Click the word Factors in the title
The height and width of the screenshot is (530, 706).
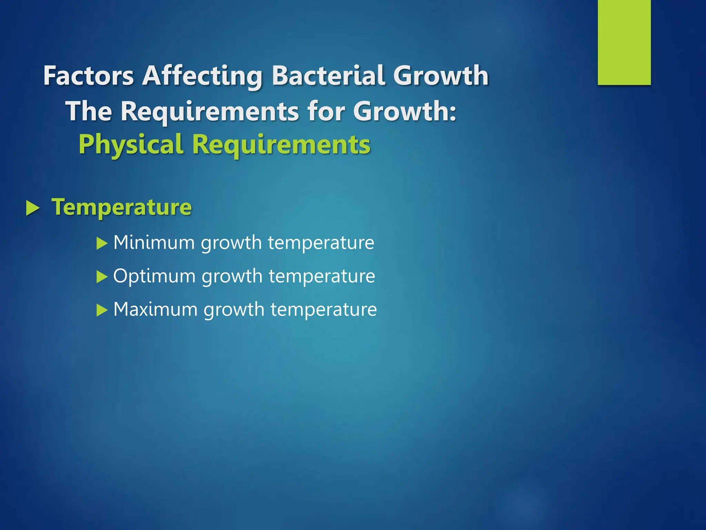[x=89, y=76]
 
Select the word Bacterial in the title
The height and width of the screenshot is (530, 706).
[x=328, y=76]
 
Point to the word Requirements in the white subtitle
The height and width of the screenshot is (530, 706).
[x=210, y=112]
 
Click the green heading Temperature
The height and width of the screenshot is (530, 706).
[x=121, y=207]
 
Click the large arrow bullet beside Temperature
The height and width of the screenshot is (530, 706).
[x=33, y=208]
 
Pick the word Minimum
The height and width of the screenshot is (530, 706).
[x=154, y=242]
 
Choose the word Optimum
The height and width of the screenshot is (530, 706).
[x=154, y=276]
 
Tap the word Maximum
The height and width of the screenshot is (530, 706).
[x=155, y=309]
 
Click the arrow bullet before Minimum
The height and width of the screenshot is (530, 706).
[x=102, y=244]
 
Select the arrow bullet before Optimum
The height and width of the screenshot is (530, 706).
[x=102, y=277]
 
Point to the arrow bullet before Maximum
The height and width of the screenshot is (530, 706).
[x=102, y=310]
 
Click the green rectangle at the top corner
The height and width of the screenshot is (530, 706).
[x=624, y=42]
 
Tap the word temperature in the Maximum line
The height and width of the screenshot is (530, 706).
[x=323, y=309]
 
